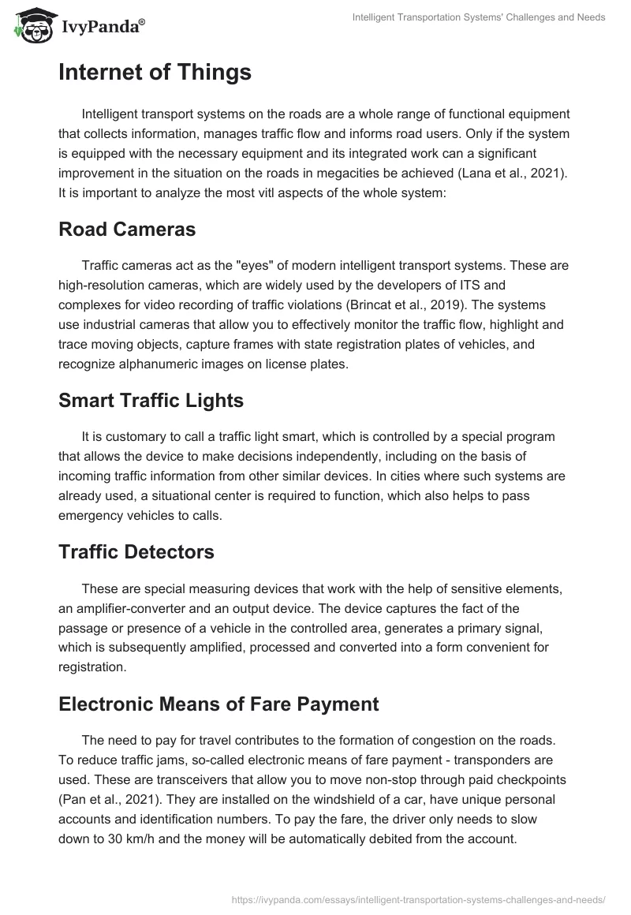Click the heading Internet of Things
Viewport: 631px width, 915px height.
point(155,73)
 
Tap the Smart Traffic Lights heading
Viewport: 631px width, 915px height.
point(151,400)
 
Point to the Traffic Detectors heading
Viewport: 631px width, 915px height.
point(136,552)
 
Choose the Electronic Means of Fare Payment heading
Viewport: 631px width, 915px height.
point(218,704)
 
